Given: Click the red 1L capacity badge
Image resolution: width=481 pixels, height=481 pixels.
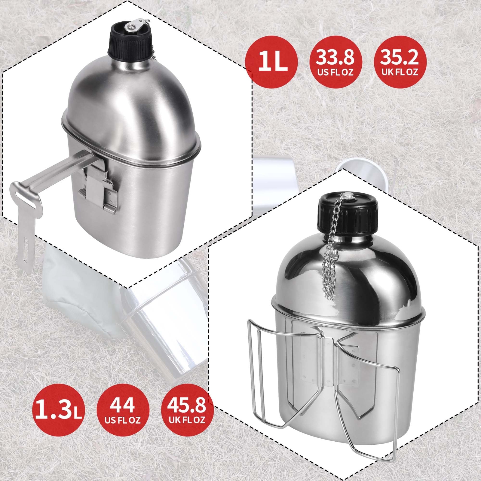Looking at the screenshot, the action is (271, 61).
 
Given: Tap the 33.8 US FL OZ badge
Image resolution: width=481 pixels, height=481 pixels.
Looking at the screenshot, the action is (335, 61).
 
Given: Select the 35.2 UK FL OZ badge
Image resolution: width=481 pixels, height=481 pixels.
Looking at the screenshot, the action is (400, 61).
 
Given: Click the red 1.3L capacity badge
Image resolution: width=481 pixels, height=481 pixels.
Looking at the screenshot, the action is (59, 409).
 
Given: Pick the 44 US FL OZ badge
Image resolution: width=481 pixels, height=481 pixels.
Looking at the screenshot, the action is (123, 409).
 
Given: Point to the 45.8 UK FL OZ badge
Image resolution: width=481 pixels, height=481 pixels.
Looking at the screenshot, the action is (187, 409).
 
